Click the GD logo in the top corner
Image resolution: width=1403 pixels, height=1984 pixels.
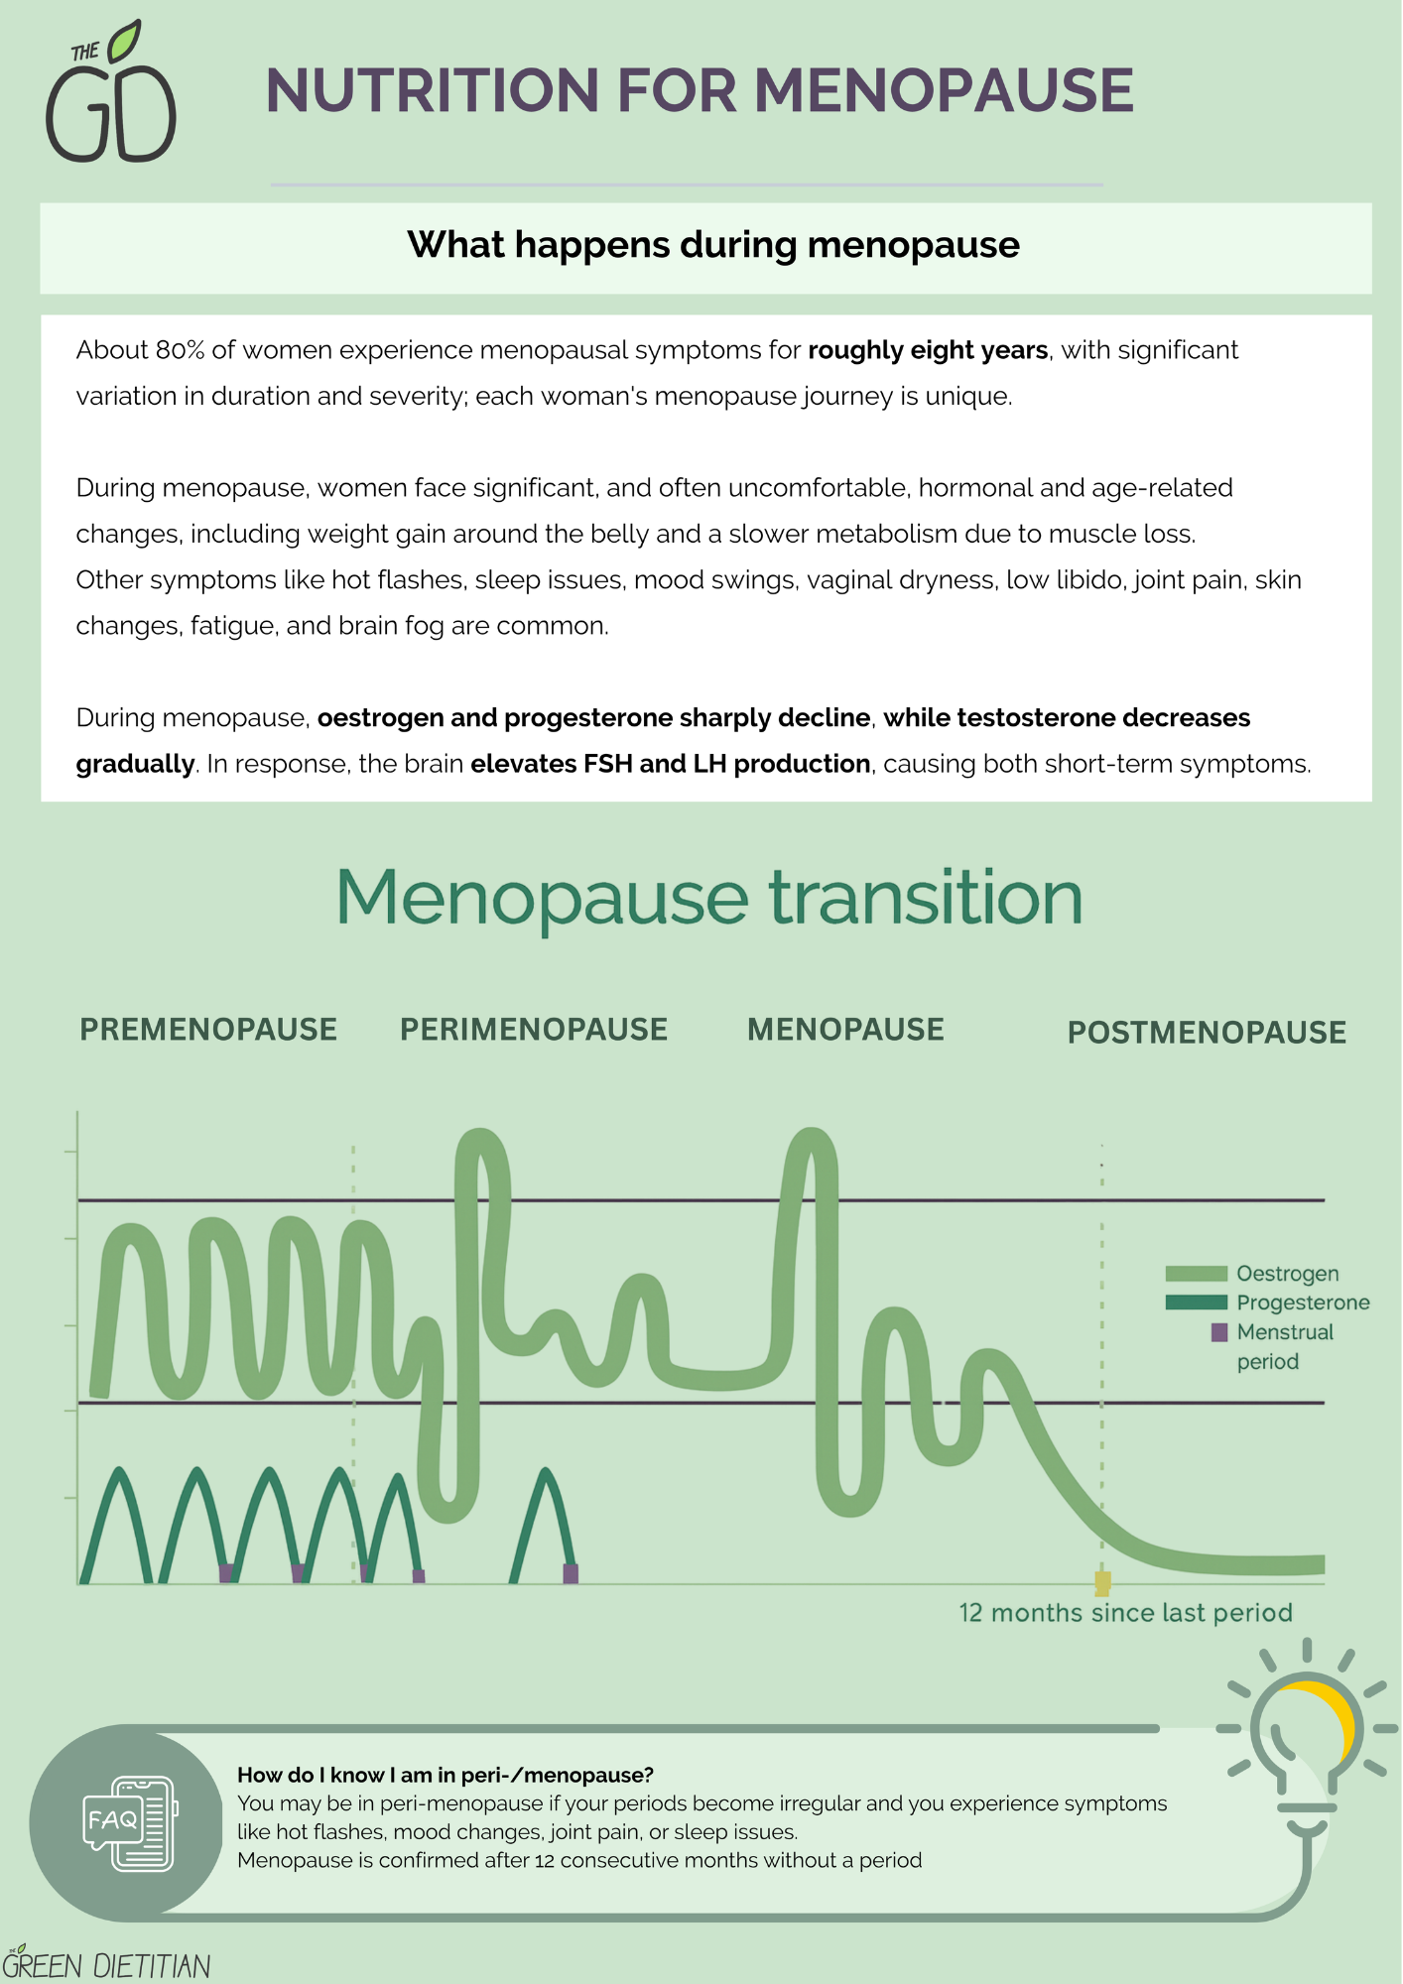pyautogui.click(x=111, y=91)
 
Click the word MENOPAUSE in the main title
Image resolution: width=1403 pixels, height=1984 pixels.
pyautogui.click(x=944, y=90)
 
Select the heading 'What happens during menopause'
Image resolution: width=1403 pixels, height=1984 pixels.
pyautogui.click(x=713, y=245)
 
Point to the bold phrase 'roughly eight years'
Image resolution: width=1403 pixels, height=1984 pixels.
pyautogui.click(x=928, y=350)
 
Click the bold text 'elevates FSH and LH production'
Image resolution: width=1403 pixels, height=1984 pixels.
pyautogui.click(x=671, y=764)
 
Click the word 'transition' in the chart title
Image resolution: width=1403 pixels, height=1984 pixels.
pyautogui.click(x=926, y=899)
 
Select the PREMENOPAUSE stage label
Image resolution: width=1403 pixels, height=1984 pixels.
pyautogui.click(x=208, y=1030)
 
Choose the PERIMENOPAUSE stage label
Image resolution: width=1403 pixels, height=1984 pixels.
pyautogui.click(x=534, y=1030)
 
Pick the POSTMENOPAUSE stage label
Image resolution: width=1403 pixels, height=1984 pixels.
pyautogui.click(x=1207, y=1033)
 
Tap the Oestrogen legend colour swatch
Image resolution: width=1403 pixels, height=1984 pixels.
pyautogui.click(x=1197, y=1274)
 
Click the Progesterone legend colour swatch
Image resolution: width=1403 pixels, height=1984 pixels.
pyautogui.click(x=1197, y=1302)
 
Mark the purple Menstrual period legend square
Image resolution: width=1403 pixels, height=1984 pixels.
pyautogui.click(x=1219, y=1332)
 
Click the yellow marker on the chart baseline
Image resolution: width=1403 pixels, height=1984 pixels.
pyautogui.click(x=1102, y=1582)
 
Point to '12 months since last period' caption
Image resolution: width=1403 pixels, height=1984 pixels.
pyautogui.click(x=1125, y=1613)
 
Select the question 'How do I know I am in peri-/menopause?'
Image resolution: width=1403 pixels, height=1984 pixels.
pyautogui.click(x=446, y=1775)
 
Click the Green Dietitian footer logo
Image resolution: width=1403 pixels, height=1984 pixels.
pyautogui.click(x=106, y=1963)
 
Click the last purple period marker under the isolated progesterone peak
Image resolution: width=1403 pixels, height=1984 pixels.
pyautogui.click(x=571, y=1573)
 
